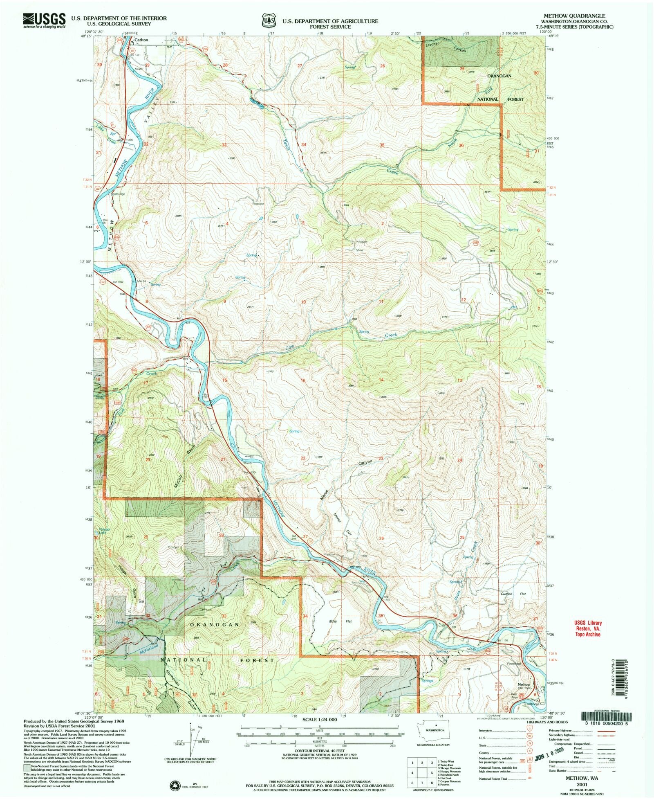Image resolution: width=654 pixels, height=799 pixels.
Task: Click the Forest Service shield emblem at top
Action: [x=267, y=20]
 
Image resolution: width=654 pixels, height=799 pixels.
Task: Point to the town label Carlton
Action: [x=141, y=40]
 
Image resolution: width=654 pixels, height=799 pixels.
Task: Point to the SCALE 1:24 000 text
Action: [x=320, y=719]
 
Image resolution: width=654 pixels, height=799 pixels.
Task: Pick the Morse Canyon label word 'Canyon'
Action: [x=365, y=463]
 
